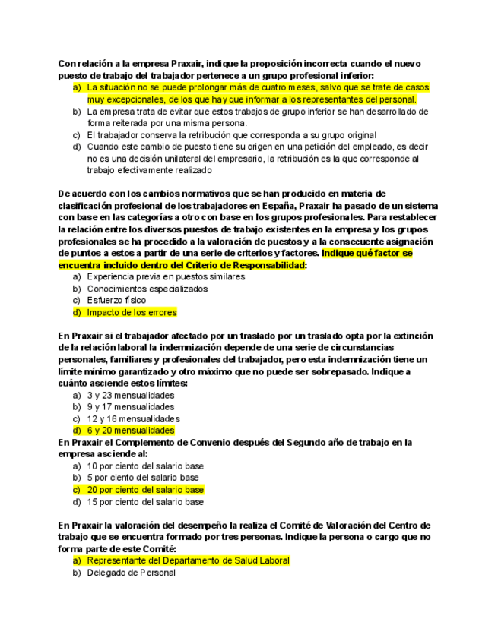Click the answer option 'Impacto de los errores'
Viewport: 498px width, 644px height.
[x=132, y=312]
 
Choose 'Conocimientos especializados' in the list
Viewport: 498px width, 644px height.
[x=147, y=289]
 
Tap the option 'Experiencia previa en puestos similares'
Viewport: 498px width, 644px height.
[x=166, y=277]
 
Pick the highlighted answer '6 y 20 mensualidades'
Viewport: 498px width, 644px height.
[x=131, y=431]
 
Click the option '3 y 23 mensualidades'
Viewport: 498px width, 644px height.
[x=131, y=396]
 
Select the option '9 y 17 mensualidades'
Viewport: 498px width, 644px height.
[x=131, y=407]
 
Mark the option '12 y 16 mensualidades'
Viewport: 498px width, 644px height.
[x=133, y=419]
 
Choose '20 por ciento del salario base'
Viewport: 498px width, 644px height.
[x=145, y=490]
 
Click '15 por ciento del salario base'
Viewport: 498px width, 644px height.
[x=145, y=502]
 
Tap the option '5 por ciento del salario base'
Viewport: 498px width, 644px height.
[x=143, y=478]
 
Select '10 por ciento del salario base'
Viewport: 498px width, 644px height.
[x=145, y=466]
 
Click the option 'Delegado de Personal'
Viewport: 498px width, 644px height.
[x=131, y=573]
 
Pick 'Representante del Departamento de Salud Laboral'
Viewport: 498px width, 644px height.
[x=188, y=560]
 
